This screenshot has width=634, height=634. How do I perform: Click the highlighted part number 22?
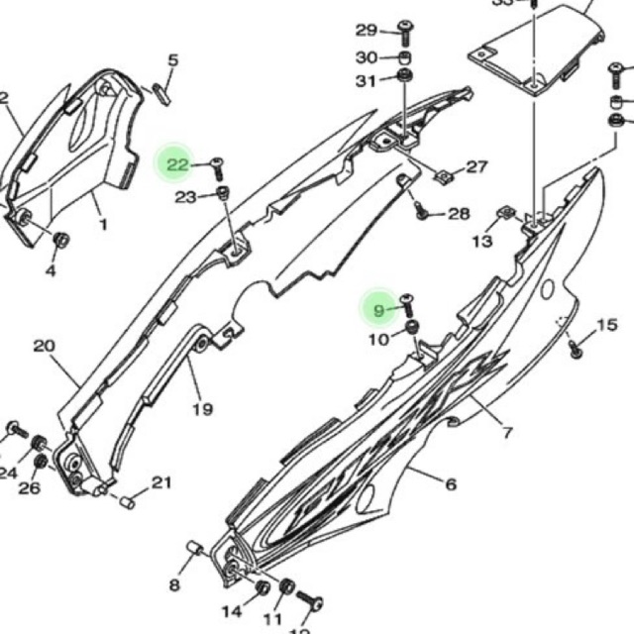point(177,165)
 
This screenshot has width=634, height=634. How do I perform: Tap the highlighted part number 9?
point(377,310)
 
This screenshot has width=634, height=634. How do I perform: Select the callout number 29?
point(367,30)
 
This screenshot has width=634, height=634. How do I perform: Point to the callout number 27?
point(476,167)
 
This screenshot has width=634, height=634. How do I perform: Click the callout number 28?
point(459,213)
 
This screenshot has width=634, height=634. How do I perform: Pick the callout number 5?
point(172,61)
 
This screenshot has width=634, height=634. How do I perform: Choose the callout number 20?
point(44,347)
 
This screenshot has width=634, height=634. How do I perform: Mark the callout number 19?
point(202,409)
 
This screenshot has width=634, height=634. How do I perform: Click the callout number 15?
point(606,325)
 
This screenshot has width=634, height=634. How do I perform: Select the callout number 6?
point(451,484)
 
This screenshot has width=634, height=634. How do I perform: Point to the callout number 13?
point(482,241)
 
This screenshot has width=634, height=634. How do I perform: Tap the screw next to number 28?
point(421,210)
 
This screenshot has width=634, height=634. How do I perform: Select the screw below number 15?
point(575,347)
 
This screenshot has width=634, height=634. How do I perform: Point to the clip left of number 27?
point(443,176)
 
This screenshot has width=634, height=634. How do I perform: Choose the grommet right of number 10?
point(411,328)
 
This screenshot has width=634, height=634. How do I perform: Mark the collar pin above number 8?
point(195,548)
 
